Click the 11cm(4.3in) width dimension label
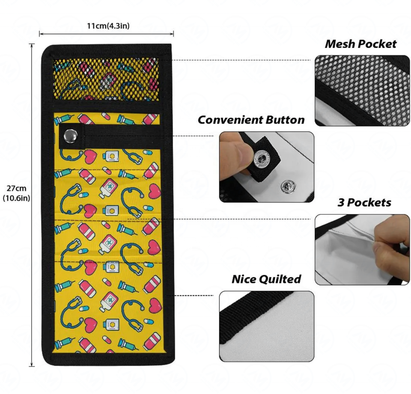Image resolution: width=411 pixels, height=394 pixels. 108,26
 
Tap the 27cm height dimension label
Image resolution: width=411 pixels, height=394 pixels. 16,188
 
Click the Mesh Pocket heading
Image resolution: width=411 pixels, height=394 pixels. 360,44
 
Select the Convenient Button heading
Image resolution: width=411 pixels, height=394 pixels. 251,120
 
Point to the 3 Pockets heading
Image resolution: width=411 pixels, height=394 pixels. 364,202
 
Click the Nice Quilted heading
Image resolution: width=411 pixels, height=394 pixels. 266,279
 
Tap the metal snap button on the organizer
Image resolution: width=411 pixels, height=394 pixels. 68,136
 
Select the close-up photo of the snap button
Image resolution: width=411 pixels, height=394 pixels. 266,167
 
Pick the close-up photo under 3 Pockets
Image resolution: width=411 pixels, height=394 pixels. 362,249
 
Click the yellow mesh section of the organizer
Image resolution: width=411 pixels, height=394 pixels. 106,78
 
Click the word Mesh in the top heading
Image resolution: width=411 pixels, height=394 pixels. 341,44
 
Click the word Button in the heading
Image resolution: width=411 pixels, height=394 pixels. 284,120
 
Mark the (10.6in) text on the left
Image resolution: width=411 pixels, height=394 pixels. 16,198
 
